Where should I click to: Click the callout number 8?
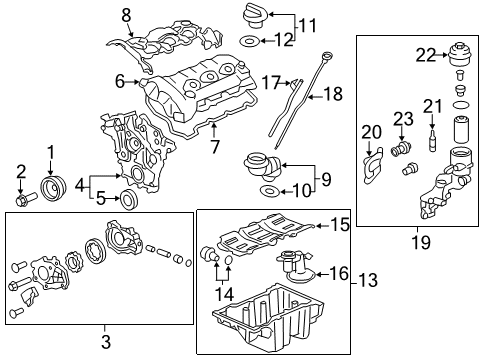[126, 14]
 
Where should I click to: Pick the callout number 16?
[340, 272]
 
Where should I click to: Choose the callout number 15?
[341, 226]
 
